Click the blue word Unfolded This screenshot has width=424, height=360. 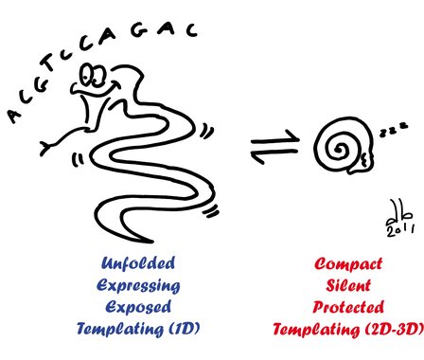click(x=138, y=263)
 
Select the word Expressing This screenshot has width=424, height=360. click(x=138, y=286)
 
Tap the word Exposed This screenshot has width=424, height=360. click(x=138, y=307)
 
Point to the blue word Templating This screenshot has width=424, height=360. click(x=120, y=329)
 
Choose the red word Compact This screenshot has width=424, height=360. click(x=348, y=263)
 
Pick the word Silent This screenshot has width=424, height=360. click(x=348, y=285)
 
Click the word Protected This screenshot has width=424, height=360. click(x=348, y=307)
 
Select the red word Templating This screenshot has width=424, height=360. click(x=316, y=330)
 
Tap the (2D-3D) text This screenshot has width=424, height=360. click(x=394, y=329)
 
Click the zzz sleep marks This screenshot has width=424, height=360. click(x=394, y=130)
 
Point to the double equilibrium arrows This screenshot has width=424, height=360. click(x=274, y=146)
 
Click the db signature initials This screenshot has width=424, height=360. click(x=399, y=214)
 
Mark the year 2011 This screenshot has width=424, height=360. click(x=400, y=230)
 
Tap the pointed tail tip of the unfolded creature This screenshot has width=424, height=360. click(x=151, y=242)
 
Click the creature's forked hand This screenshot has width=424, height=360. click(x=46, y=148)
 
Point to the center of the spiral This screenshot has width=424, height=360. click(x=340, y=149)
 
